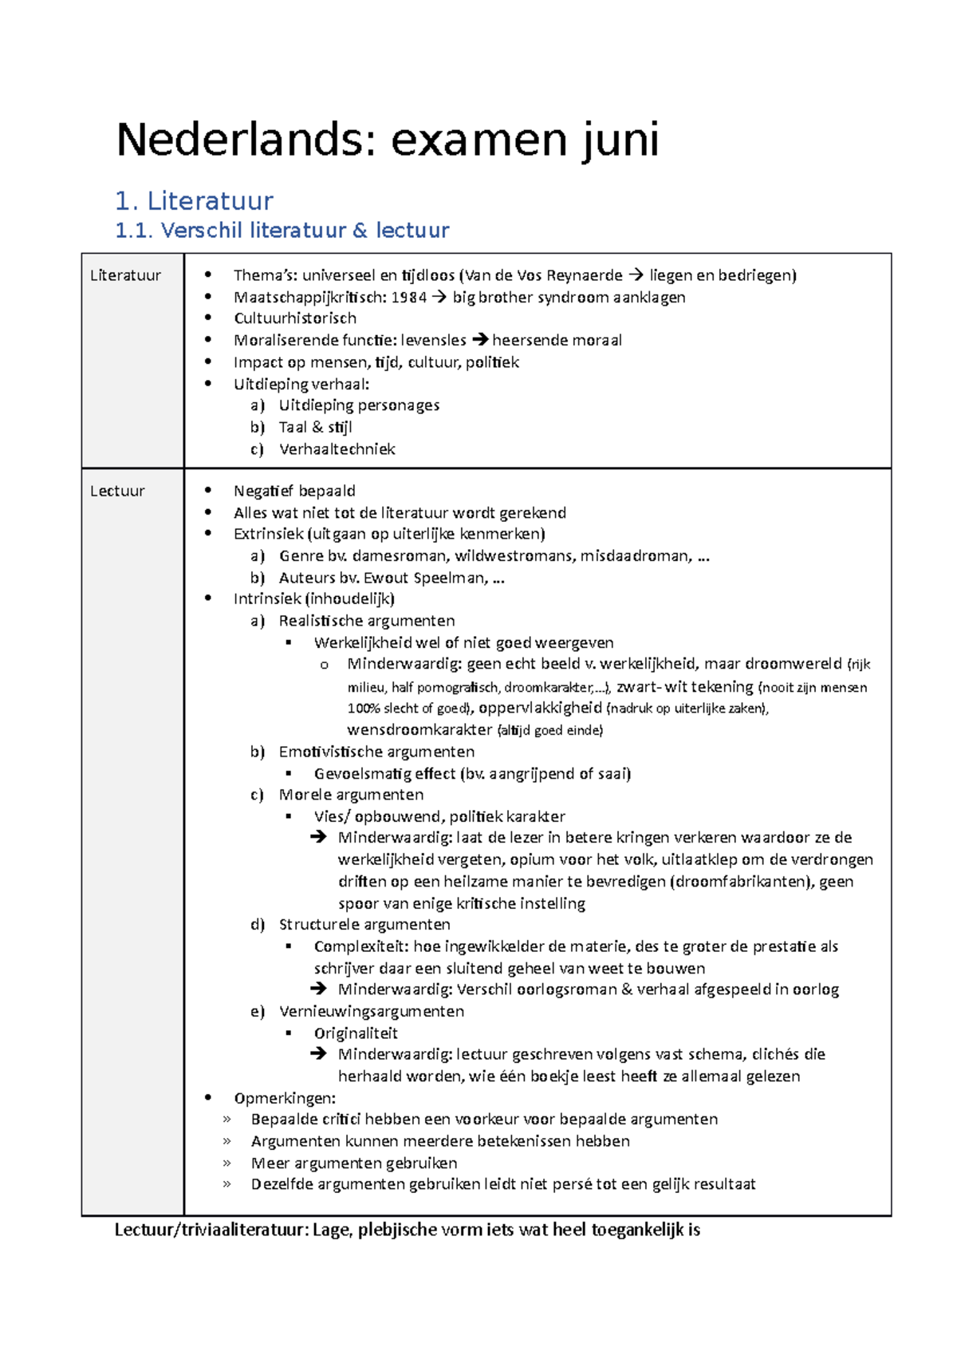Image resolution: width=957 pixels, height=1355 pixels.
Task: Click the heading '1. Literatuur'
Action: click(194, 200)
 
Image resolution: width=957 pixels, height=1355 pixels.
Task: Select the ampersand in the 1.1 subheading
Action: click(360, 231)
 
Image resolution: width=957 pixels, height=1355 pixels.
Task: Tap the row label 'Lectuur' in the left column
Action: click(117, 492)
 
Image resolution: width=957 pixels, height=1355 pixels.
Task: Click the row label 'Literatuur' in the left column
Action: click(125, 275)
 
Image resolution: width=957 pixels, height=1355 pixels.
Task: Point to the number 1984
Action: click(408, 297)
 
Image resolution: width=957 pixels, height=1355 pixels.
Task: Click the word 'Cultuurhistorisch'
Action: click(294, 318)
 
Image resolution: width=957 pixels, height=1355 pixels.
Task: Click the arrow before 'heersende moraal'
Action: click(479, 340)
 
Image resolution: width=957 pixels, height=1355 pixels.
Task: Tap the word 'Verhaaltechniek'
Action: click(337, 449)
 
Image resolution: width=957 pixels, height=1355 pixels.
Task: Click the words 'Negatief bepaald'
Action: click(294, 491)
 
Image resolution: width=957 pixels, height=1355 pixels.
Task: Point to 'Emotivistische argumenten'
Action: click(376, 752)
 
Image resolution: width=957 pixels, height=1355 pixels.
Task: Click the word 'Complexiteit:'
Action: click(361, 946)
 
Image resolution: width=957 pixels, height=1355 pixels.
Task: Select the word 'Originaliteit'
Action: click(356, 1033)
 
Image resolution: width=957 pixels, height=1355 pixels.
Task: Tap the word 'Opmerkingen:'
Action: click(285, 1098)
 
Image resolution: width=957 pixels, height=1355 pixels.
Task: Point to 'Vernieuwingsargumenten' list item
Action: click(371, 1011)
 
